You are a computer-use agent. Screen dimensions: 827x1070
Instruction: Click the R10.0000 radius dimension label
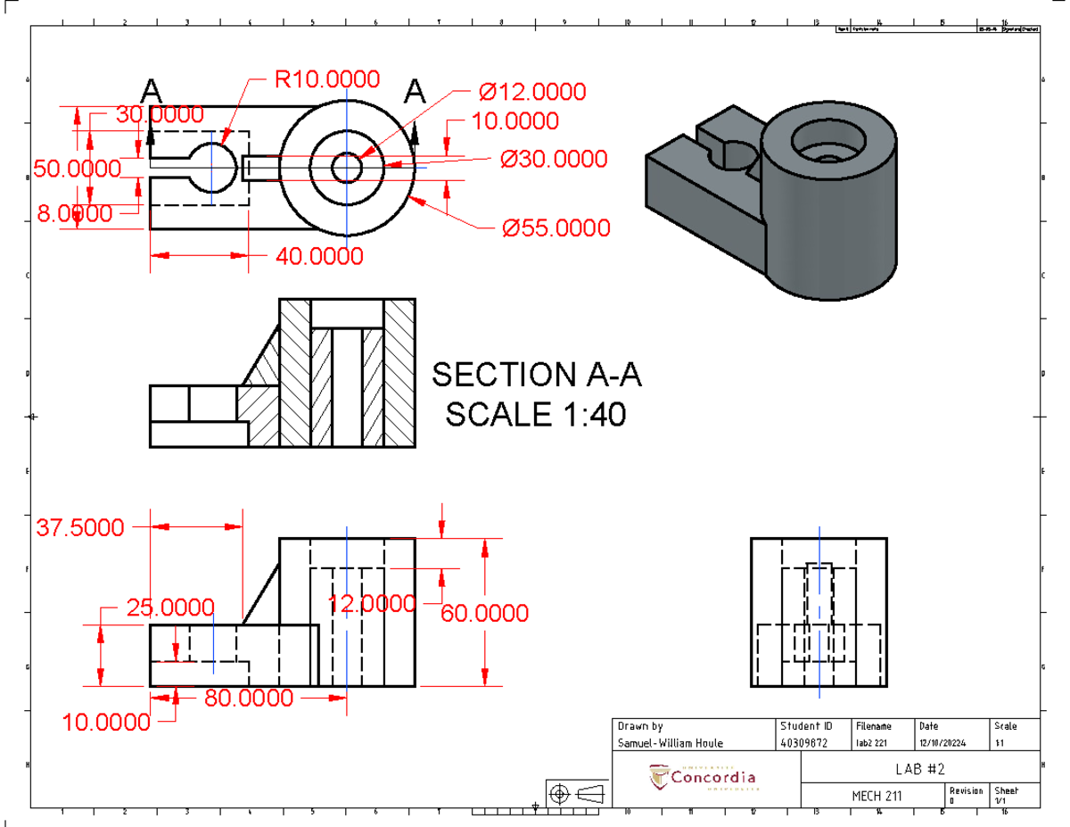point(326,79)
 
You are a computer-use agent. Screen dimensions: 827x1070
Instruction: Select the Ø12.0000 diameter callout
point(532,92)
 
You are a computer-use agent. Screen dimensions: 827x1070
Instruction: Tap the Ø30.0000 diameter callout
point(553,159)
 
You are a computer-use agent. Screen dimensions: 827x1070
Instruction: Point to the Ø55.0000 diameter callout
point(556,228)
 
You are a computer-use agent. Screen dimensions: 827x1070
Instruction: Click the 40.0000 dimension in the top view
point(319,257)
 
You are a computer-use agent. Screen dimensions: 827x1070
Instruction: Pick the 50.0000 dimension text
point(77,169)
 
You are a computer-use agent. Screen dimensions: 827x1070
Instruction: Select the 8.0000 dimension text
point(74,213)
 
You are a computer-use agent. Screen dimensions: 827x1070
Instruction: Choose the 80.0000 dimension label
point(249,698)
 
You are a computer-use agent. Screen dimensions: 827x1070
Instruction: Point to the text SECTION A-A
point(537,376)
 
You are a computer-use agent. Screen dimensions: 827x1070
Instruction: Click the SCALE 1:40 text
point(536,415)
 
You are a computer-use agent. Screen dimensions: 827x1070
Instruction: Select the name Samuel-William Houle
point(671,743)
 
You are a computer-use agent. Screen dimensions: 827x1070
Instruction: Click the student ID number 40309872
point(805,743)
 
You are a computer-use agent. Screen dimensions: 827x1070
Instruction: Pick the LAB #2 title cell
point(919,769)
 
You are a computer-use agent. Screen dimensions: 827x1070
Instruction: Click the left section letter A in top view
point(152,91)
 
